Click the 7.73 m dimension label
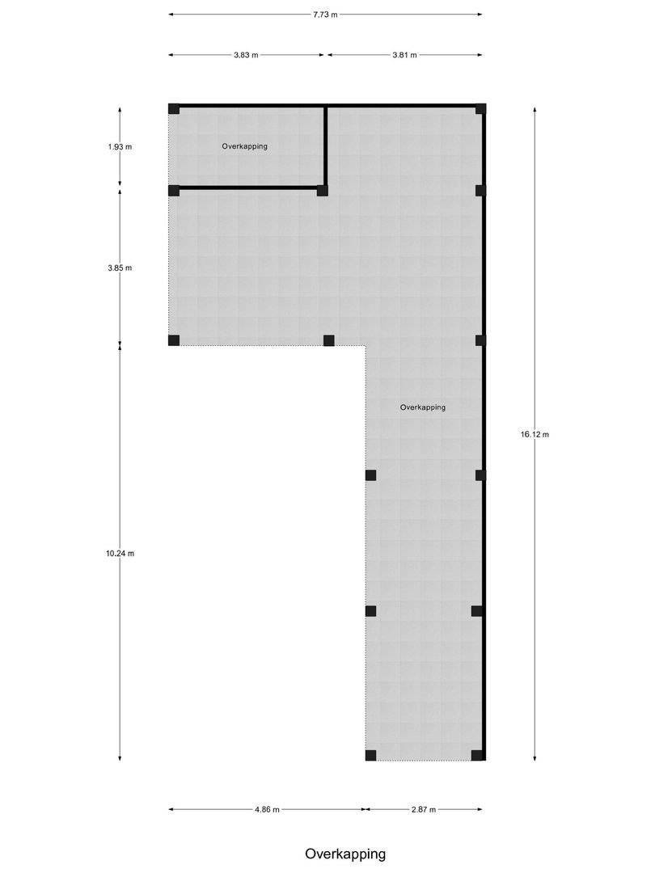(x=325, y=15)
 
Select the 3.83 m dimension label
(x=246, y=55)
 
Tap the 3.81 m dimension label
(x=405, y=55)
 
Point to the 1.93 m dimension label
(x=120, y=147)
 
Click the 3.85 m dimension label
(x=120, y=268)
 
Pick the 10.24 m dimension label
(x=120, y=554)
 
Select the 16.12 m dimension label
(x=535, y=434)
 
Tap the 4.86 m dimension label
(x=268, y=809)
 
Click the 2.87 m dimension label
(x=424, y=809)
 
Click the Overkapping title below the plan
(x=345, y=854)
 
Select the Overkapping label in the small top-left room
(x=244, y=146)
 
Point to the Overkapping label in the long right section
(x=423, y=407)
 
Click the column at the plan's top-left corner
(x=174, y=108)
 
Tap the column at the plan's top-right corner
(x=480, y=108)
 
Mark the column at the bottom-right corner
(x=477, y=756)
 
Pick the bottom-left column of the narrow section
(x=371, y=756)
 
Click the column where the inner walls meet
(x=323, y=191)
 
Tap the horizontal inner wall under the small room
(x=248, y=188)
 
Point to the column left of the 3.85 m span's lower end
(x=174, y=340)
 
